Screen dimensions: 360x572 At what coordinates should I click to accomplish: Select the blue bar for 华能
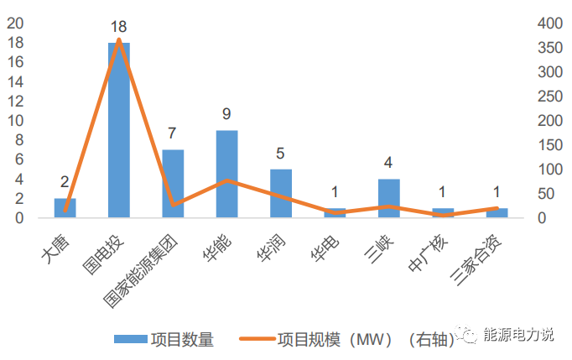(226, 175)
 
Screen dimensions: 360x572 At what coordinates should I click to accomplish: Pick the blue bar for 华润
(281, 194)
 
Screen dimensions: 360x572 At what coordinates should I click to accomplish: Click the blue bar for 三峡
(388, 199)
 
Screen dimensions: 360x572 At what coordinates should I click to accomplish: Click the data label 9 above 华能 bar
(226, 114)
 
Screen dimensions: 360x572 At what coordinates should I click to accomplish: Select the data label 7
(173, 133)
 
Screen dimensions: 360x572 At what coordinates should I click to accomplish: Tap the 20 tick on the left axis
(14, 23)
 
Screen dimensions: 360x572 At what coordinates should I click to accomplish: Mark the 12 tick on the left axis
(14, 101)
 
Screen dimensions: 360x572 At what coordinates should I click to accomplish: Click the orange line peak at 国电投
(119, 39)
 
